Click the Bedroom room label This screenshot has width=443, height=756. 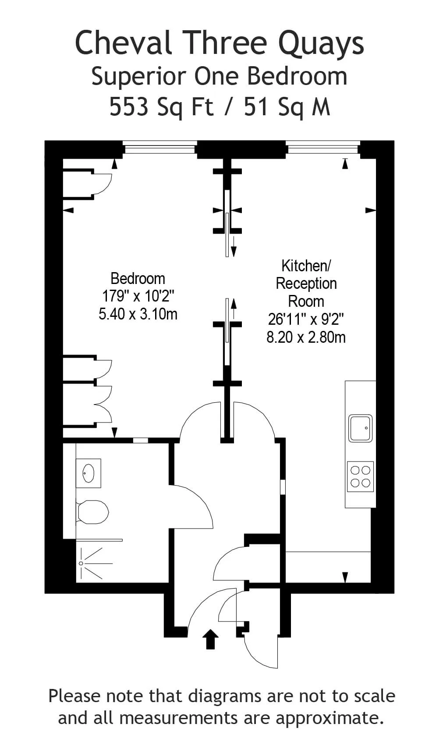pyautogui.click(x=138, y=278)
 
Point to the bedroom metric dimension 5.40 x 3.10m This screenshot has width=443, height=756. pyautogui.click(x=138, y=314)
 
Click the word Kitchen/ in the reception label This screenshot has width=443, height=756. pyautogui.click(x=306, y=266)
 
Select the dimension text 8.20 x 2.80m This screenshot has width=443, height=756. pyautogui.click(x=306, y=337)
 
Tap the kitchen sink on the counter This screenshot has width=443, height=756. pyautogui.click(x=361, y=428)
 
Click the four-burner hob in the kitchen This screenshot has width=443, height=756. pyautogui.click(x=361, y=476)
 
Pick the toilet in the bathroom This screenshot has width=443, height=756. pyautogui.click(x=92, y=512)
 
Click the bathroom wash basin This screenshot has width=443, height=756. pyautogui.click(x=89, y=473)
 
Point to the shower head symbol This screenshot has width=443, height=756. pyautogui.click(x=81, y=563)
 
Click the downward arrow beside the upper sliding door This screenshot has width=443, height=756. pyautogui.click(x=234, y=246)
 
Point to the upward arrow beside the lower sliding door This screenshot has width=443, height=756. pyautogui.click(x=234, y=309)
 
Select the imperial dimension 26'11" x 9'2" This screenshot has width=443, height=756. pyautogui.click(x=306, y=319)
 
